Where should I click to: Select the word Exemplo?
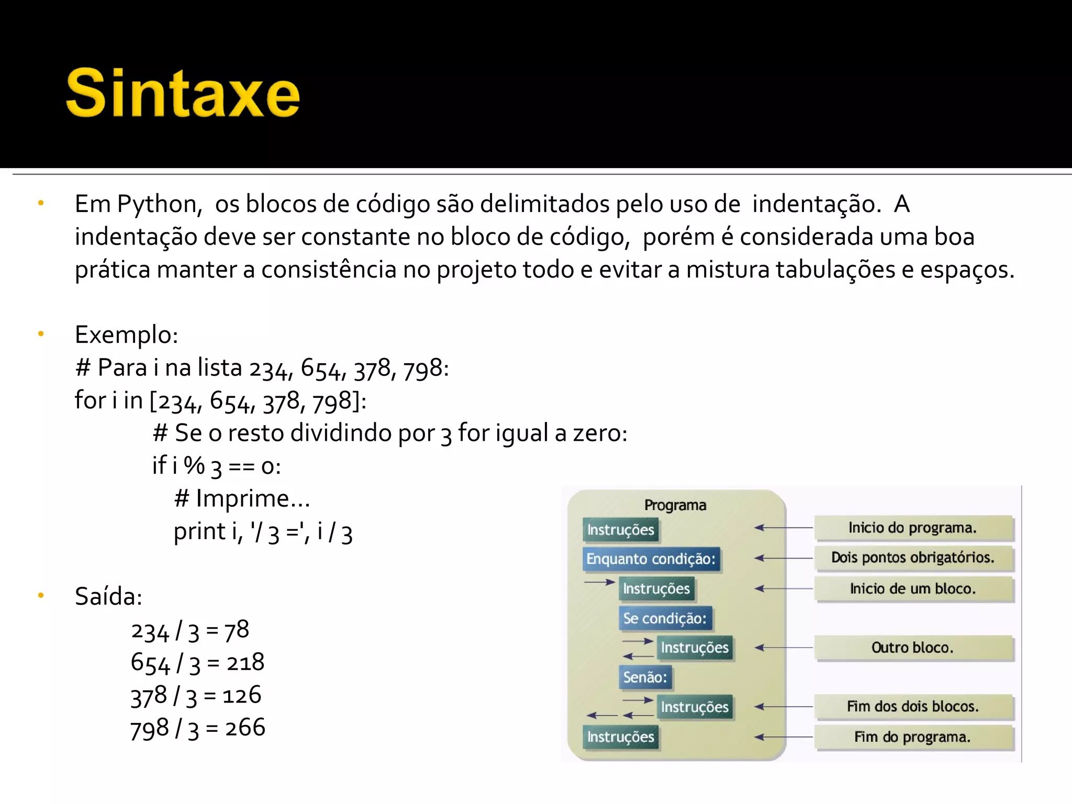pyautogui.click(x=126, y=334)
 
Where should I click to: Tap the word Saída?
pyautogui.click(x=108, y=596)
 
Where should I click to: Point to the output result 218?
pyautogui.click(x=245, y=663)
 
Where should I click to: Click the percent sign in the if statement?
pyautogui.click(x=194, y=465)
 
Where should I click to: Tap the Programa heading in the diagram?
pyautogui.click(x=675, y=505)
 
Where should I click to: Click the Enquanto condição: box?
pyautogui.click(x=651, y=559)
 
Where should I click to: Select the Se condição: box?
pyautogui.click(x=665, y=619)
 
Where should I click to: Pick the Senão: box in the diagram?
pyautogui.click(x=645, y=677)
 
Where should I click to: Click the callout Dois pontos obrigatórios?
pyautogui.click(x=913, y=557)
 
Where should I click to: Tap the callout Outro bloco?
pyautogui.click(x=913, y=648)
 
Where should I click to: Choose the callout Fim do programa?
pyautogui.click(x=913, y=737)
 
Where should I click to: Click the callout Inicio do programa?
pyautogui.click(x=913, y=528)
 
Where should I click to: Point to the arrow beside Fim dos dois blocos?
pyautogui.click(x=784, y=707)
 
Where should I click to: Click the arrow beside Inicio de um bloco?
pyautogui.click(x=784, y=589)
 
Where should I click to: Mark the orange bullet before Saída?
pyautogui.click(x=41, y=595)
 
